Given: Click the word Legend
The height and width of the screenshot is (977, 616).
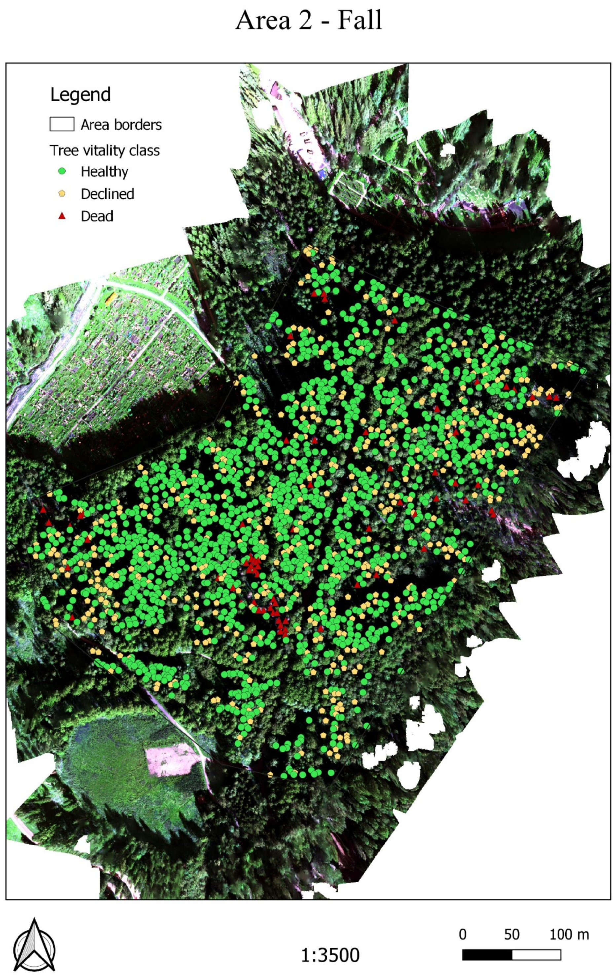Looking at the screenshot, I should tap(80, 94).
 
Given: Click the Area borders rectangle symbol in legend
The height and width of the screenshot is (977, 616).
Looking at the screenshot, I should tap(62, 124).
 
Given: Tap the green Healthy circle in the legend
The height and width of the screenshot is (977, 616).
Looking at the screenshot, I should tap(62, 171).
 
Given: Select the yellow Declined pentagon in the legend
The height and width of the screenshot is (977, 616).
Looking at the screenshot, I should tap(62, 194).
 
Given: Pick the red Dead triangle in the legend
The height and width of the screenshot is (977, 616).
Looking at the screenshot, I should tap(62, 216).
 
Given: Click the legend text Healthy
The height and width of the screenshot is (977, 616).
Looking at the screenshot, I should tap(104, 171).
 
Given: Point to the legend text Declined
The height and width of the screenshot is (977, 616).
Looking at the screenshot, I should tap(107, 194).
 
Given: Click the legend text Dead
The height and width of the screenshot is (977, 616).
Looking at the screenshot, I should tap(97, 216).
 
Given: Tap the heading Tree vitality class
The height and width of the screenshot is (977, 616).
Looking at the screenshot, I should tap(105, 151).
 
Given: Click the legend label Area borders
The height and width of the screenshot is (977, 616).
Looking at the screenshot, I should tap(121, 125).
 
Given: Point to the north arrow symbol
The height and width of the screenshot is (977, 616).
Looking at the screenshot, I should tap(34, 945).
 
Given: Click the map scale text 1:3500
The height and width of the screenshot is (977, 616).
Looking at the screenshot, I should tap(330, 955).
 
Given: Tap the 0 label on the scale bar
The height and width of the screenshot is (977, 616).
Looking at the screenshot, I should tap(462, 934).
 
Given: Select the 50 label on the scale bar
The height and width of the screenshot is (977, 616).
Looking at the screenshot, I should tap(511, 934).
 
